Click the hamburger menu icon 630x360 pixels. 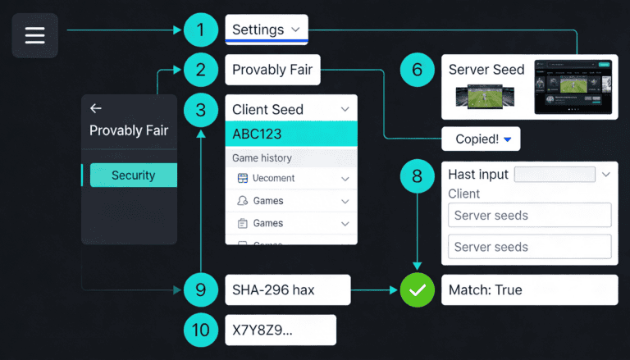pos(34,35)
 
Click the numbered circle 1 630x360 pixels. pos(200,30)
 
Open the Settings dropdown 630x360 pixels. pos(267,30)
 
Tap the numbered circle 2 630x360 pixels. pos(200,70)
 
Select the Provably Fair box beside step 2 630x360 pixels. pos(272,70)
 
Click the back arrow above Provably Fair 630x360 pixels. pos(96,108)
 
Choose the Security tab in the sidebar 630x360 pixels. pos(133,175)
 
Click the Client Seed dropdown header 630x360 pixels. pos(291,109)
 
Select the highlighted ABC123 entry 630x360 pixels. pos(291,134)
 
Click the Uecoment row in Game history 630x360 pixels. pos(291,178)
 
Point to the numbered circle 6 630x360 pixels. pos(417,70)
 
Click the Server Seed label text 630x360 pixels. pos(486,70)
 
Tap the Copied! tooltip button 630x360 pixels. pos(481,139)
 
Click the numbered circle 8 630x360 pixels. pos(417,175)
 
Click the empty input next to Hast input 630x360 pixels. pos(554,174)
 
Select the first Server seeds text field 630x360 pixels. pos(529,216)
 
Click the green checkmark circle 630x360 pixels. pos(417,290)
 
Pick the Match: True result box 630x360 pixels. pos(529,289)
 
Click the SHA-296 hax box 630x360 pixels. pos(287,290)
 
